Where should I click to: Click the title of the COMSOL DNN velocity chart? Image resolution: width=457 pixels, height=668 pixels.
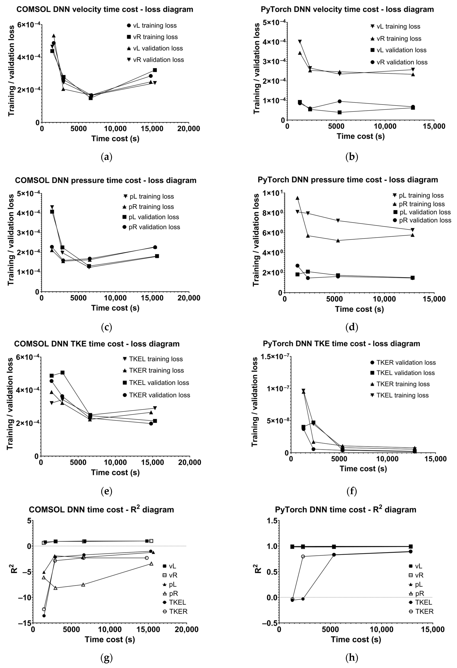105,10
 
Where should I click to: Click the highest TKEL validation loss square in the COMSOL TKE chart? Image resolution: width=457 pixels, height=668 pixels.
62,373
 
